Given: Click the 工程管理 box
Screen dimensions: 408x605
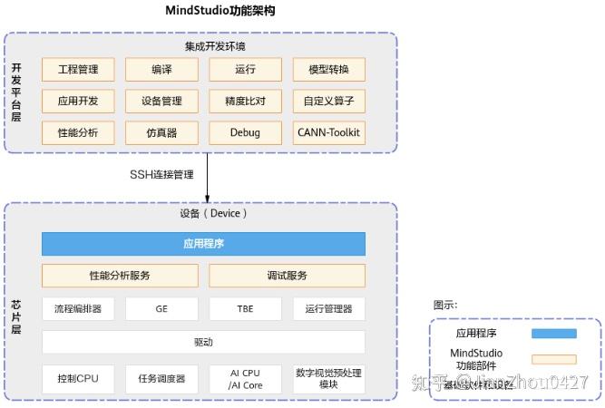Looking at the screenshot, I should tap(78, 70).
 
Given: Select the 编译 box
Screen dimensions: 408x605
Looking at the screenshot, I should tap(161, 70).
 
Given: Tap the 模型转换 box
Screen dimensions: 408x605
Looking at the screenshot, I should tap(328, 70).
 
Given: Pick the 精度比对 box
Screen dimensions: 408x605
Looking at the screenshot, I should tap(245, 101).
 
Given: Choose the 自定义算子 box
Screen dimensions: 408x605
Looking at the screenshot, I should tap(328, 101).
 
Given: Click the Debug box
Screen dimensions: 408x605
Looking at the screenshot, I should tap(245, 132).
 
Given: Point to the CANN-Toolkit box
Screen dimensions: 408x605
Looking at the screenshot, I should tap(328, 132).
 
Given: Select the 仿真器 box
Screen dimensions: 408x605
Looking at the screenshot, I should tap(161, 132).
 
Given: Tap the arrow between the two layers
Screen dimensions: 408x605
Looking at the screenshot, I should tap(208, 178).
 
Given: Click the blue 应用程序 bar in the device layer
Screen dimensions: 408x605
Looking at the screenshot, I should tap(203, 244).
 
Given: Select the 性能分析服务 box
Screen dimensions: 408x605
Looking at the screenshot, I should tap(120, 276).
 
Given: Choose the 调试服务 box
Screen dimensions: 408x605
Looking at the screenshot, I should tap(287, 276).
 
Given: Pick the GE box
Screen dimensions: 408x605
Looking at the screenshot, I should tap(161, 309).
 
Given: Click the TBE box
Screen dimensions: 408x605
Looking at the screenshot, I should tap(245, 309).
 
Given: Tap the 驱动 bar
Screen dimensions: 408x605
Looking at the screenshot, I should tap(203, 342).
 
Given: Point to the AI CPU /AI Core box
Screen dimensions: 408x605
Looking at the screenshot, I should tap(245, 379).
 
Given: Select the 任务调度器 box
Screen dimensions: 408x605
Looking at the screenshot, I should tap(161, 379).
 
